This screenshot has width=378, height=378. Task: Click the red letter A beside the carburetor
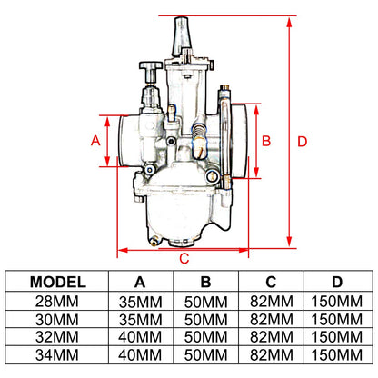(x=95, y=141)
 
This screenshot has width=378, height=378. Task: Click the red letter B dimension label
(x=266, y=141)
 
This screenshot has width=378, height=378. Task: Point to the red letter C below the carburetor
(x=184, y=258)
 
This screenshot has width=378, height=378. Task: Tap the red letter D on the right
(x=302, y=142)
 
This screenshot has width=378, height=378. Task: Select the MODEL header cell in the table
(x=58, y=282)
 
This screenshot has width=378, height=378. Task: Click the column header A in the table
(x=140, y=282)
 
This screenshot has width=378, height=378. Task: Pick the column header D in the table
(x=337, y=282)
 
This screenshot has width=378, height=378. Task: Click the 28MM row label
(x=57, y=302)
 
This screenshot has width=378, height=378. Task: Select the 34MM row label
(x=57, y=355)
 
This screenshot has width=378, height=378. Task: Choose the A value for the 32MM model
(x=140, y=337)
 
